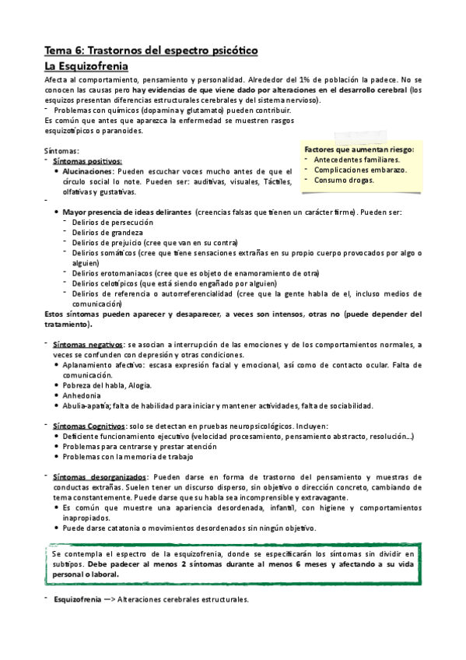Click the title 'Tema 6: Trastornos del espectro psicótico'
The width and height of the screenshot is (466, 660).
pyautogui.click(x=151, y=51)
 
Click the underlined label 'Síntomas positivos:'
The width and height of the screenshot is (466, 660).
pyautogui.click(x=82, y=160)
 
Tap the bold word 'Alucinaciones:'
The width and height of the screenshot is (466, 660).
pyautogui.click(x=88, y=170)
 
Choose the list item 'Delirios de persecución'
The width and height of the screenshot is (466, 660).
pyautogui.click(x=112, y=223)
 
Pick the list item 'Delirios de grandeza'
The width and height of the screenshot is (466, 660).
pyautogui.click(x=107, y=233)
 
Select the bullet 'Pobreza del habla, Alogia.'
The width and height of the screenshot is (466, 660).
pyautogui.click(x=107, y=384)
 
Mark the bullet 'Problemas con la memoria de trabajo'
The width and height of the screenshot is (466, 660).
pyautogui.click(x=128, y=456)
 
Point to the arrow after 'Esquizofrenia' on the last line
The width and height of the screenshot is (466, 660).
pyautogui.click(x=107, y=600)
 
